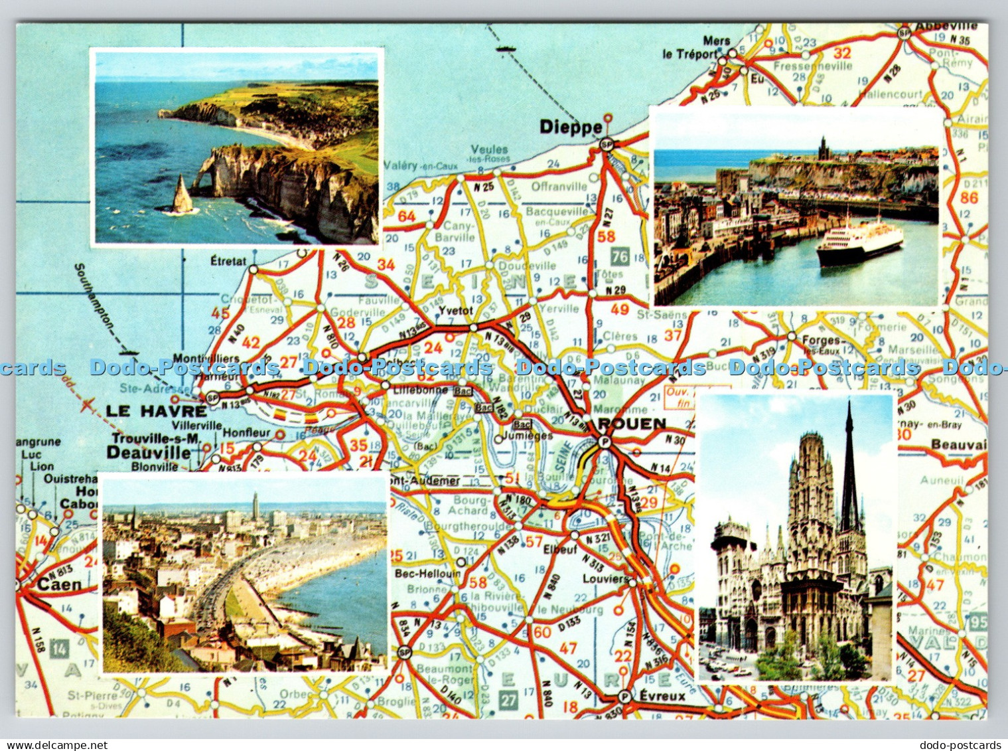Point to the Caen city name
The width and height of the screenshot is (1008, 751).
coord(60,585)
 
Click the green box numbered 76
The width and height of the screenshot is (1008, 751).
coord(620,257)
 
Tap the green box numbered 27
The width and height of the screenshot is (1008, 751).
coord(508,699)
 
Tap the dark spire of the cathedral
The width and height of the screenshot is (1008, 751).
coord(849,465)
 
